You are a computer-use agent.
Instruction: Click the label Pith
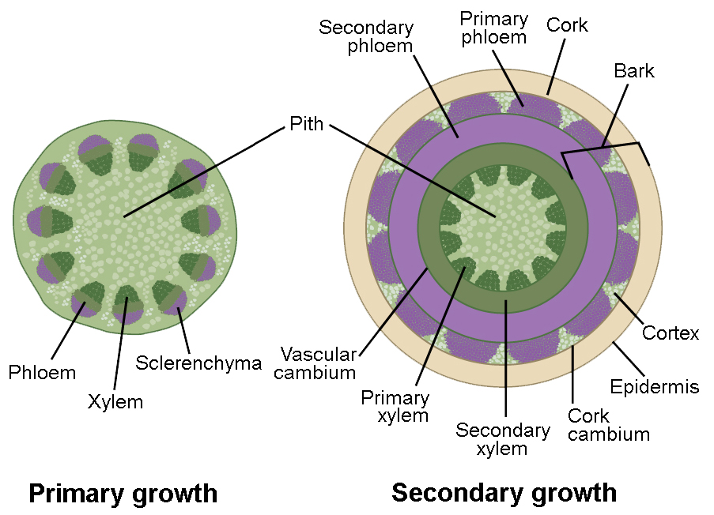point(306,124)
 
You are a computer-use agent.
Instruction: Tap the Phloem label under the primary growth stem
point(42,372)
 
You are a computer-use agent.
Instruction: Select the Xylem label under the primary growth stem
point(115,401)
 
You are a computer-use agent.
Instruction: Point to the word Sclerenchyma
point(198,363)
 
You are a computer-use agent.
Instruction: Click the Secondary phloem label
point(366,36)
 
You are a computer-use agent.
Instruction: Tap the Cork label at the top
point(567,25)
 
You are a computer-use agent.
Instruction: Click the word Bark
point(634,71)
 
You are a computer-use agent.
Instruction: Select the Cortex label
point(671,333)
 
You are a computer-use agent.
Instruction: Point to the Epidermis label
point(655,386)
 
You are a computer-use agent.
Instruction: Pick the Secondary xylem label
point(503,439)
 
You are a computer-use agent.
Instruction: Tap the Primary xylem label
point(395,407)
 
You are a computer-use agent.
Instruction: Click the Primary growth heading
point(123,494)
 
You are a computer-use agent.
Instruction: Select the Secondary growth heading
point(504,493)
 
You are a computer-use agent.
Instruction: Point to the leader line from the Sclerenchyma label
point(184,331)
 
